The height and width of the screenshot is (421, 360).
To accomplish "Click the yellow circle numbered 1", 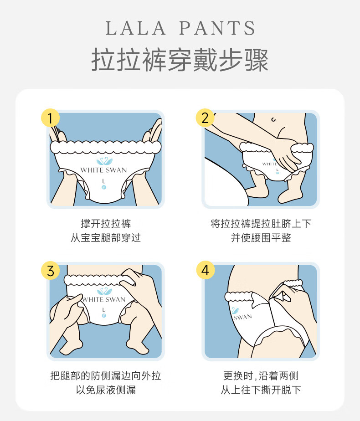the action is pos(50,118).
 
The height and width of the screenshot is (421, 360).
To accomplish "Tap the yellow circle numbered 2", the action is pos(205,118).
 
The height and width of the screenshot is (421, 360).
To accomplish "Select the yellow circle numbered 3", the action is pos(50,270).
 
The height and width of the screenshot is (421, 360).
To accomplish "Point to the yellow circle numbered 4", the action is pos(206,270).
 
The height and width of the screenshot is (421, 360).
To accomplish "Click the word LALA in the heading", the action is pos(136,28).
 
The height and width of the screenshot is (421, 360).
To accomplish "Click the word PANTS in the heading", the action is pos(217,28).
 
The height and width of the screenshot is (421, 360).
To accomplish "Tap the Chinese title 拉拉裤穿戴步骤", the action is pos(180,60).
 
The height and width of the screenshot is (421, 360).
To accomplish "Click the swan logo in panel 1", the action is pos(104,161).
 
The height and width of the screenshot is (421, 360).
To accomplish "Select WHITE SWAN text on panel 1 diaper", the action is pos(103,170).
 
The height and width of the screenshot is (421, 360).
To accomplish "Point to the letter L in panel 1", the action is pos(103,181).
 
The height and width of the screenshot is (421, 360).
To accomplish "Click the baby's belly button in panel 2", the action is pos(273,119).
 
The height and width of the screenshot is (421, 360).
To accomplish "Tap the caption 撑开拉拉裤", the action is pos(106,223).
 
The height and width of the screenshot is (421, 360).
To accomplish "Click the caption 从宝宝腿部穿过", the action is pos(106,238).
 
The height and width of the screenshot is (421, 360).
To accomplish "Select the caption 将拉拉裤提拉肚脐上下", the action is pos(261,223).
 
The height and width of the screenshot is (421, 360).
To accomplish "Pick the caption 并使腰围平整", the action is pos(261,238).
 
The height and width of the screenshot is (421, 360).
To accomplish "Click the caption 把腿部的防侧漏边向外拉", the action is pos(106,375).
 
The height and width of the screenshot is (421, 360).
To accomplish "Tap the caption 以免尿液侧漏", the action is pos(106,390).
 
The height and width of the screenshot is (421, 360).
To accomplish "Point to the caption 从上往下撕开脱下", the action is pos(261,390).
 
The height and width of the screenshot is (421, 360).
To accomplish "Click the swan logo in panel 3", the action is pos(104,291).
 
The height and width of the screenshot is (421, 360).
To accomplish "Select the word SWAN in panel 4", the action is pos(243,317).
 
